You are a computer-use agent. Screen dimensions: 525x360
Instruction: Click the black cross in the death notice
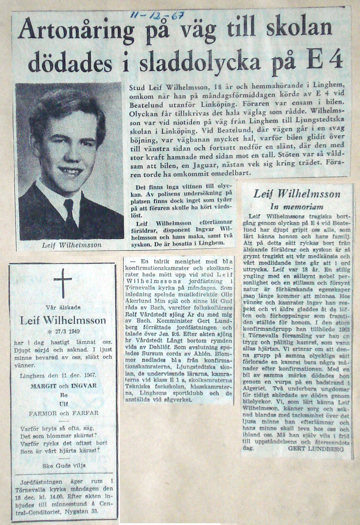63,283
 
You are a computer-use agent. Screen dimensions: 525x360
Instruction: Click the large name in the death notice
63,321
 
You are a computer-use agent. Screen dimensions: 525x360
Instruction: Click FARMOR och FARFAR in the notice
63,413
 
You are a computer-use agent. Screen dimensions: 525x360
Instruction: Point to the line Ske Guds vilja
63,465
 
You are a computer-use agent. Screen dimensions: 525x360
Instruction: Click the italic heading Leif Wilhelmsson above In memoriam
297,194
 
